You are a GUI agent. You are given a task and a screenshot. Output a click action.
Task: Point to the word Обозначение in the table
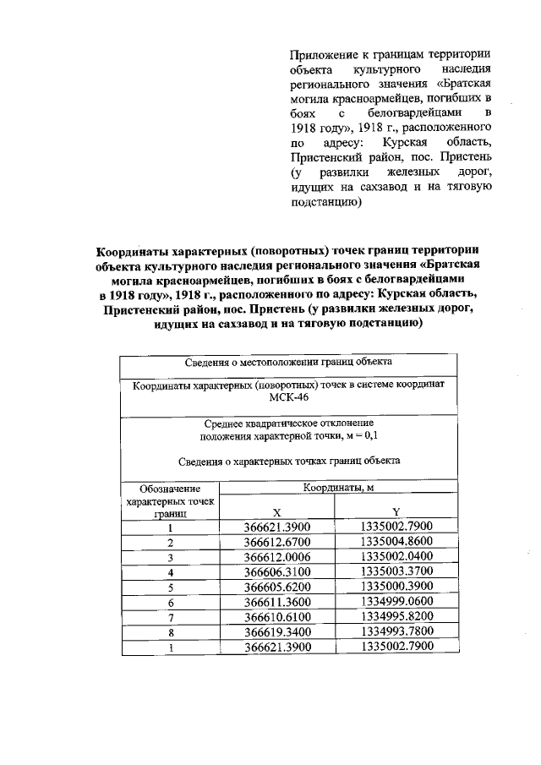point(170,489)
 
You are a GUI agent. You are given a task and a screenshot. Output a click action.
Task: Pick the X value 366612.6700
point(277,543)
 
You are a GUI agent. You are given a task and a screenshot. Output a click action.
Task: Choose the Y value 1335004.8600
point(396,542)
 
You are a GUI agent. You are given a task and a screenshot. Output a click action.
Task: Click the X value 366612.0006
point(277,558)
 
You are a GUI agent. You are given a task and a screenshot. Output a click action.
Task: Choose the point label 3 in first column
point(170,558)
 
